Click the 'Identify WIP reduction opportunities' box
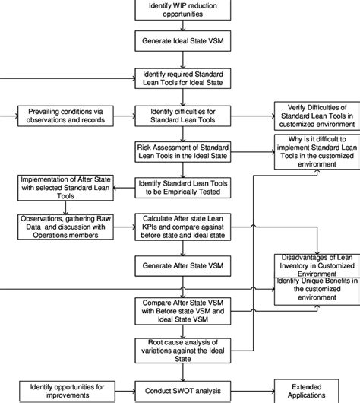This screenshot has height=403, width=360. (x=179, y=10)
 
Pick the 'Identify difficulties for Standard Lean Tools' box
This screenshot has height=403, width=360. (x=179, y=116)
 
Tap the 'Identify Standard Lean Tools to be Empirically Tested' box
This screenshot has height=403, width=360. (x=179, y=187)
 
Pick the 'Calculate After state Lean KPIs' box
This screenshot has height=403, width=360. (x=179, y=226)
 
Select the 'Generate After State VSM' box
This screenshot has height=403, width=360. (x=179, y=266)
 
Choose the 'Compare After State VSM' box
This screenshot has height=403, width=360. (x=179, y=309)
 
